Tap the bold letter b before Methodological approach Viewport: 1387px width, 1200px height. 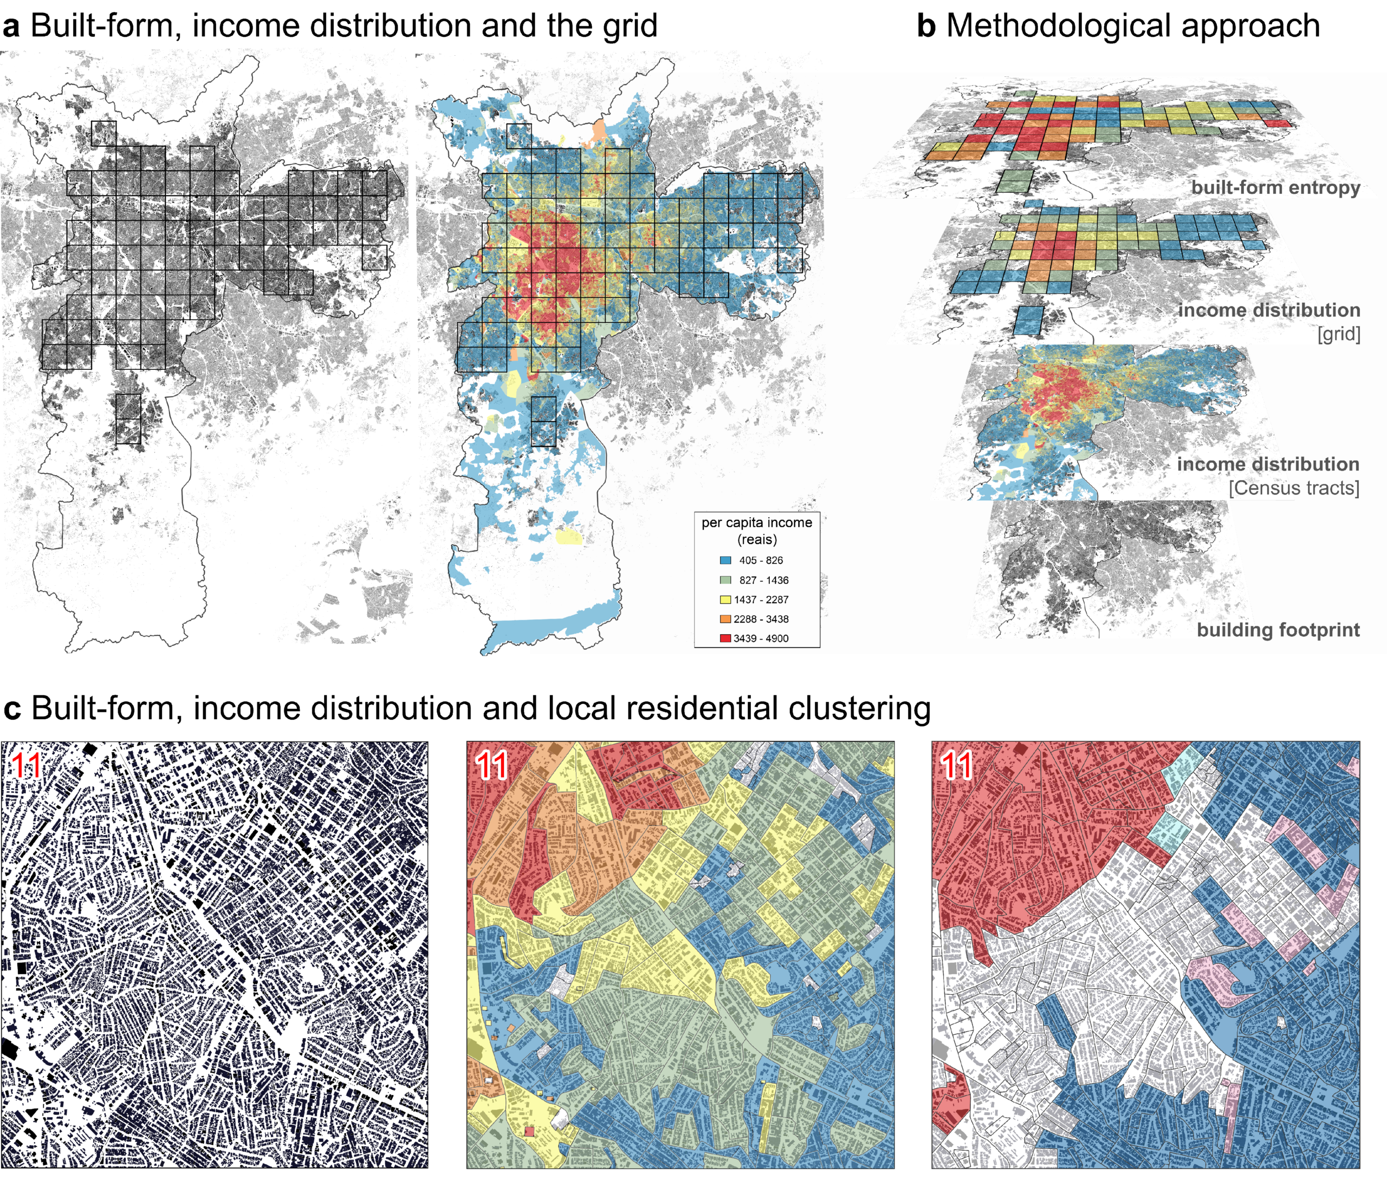(x=926, y=26)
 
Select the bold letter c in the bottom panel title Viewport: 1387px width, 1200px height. (x=11, y=710)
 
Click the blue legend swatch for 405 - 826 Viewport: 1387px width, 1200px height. (x=725, y=560)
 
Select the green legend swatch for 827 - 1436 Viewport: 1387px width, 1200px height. (x=725, y=580)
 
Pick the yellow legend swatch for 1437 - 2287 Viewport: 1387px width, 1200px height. (x=725, y=599)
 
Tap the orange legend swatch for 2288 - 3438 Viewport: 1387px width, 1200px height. (x=725, y=619)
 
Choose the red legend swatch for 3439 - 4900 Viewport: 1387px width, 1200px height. (x=725, y=638)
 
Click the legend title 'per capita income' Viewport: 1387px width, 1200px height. (x=757, y=523)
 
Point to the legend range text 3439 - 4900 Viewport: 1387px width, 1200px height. (x=761, y=638)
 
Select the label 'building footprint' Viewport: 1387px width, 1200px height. (x=1279, y=630)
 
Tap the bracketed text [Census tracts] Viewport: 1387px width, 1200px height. (x=1294, y=488)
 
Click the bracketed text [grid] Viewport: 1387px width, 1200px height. (x=1339, y=334)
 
